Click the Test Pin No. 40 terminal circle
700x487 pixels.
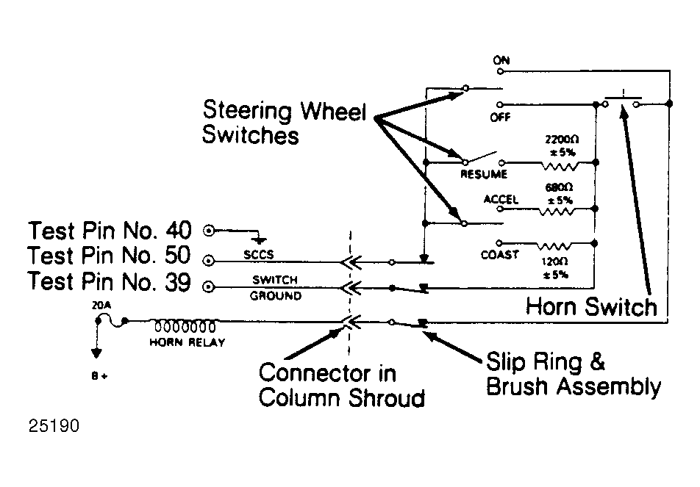click(209, 231)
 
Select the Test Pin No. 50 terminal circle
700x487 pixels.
click(209, 261)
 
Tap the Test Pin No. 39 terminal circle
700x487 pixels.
click(209, 286)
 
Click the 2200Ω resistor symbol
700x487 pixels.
click(560, 166)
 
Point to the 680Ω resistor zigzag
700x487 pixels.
click(556, 212)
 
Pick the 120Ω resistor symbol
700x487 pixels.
click(554, 246)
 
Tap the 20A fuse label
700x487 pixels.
click(101, 306)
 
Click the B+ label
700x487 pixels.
click(99, 376)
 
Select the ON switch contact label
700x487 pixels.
click(501, 60)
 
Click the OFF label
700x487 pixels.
click(500, 118)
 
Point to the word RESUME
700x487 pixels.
click(484, 174)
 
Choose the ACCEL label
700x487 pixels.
click(501, 199)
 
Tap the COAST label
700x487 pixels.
click(499, 255)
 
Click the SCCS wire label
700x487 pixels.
click(259, 255)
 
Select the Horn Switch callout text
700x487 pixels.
click(591, 307)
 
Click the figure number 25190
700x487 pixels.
click(54, 426)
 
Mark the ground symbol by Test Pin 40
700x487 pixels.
click(259, 240)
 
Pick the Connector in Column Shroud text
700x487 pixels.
click(341, 386)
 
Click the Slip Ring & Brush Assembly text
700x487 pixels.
click(574, 374)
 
